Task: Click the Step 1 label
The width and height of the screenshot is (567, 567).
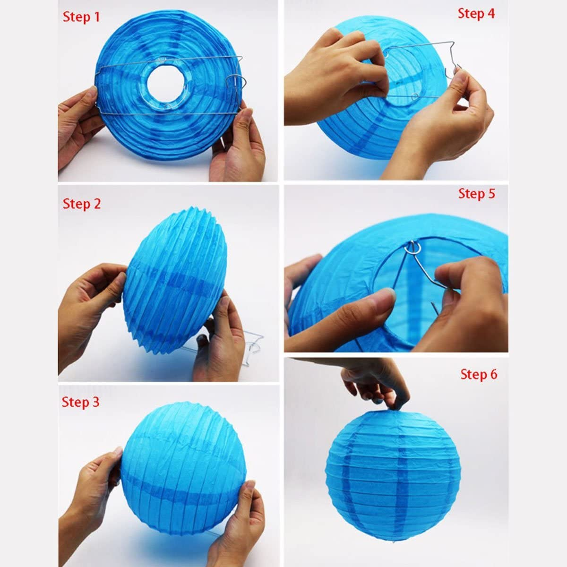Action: point(81,17)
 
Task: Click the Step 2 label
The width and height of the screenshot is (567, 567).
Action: point(81,204)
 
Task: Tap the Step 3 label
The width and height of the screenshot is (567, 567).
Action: point(80,402)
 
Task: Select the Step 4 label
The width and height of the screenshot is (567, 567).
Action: point(476,14)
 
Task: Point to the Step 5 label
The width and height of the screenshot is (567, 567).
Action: point(476,194)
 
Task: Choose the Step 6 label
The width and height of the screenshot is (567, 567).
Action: point(479,374)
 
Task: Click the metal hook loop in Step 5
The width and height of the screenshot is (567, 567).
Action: point(415,247)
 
